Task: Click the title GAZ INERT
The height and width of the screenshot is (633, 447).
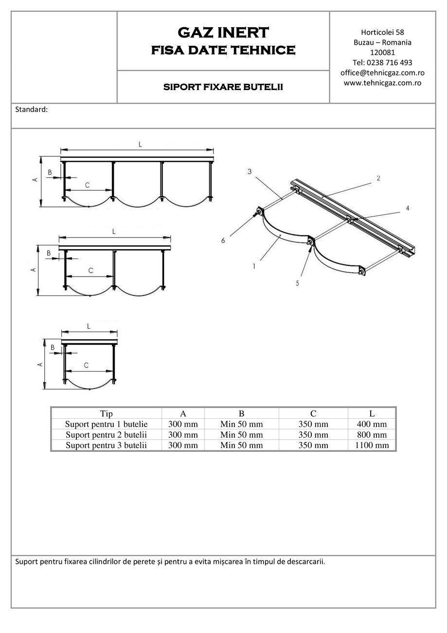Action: [223, 33]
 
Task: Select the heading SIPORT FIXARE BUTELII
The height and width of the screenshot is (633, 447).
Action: [223, 88]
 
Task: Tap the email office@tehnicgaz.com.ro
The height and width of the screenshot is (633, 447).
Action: [382, 73]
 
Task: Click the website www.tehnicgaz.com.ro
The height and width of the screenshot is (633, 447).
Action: [382, 83]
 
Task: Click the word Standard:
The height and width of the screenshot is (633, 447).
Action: [32, 110]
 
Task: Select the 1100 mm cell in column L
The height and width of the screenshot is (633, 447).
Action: [372, 445]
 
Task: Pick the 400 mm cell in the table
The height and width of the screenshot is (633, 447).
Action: [372, 424]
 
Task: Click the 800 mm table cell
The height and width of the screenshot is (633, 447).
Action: [372, 435]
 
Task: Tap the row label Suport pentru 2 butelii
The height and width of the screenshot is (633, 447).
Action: [106, 435]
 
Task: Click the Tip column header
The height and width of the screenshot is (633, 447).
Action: [106, 414]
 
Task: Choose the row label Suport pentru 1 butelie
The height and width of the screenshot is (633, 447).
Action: [106, 424]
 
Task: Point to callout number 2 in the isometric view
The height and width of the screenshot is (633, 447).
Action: [378, 178]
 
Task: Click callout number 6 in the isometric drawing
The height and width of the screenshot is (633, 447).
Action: [223, 240]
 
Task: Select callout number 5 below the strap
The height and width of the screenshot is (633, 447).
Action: [297, 283]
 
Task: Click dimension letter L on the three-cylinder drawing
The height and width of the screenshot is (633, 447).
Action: [140, 144]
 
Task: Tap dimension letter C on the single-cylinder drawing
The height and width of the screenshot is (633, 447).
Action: [86, 365]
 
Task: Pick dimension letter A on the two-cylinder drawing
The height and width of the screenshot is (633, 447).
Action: [34, 270]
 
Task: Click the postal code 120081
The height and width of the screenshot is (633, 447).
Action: [382, 52]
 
